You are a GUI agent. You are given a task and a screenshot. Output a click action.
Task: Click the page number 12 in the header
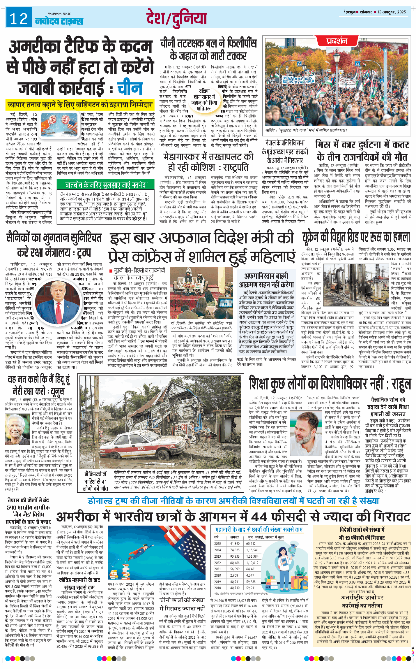click(x=19, y=18)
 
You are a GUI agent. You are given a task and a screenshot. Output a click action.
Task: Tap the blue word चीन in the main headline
click(x=130, y=88)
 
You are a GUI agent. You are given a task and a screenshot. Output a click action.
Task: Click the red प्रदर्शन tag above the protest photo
click(x=337, y=41)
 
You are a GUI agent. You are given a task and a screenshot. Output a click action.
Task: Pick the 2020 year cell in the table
click(x=217, y=575)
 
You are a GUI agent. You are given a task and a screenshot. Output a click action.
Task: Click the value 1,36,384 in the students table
click(x=252, y=556)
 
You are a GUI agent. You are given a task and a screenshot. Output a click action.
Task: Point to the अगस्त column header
click(x=234, y=537)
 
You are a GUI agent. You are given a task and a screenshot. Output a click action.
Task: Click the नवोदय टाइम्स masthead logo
click(x=59, y=20)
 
